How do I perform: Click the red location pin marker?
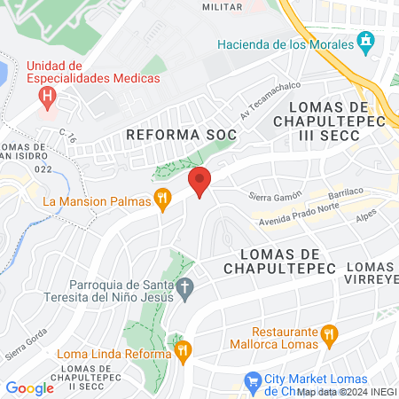click(200, 182)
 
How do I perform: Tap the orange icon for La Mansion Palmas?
click(162, 200)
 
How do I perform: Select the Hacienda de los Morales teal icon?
click(364, 42)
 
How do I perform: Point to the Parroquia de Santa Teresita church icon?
click(184, 287)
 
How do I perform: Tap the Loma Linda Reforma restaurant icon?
click(183, 351)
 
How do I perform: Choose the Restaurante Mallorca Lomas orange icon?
click(330, 333)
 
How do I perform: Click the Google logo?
click(29, 387)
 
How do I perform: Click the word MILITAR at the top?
click(222, 6)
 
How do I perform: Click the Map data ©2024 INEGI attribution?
click(347, 391)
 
